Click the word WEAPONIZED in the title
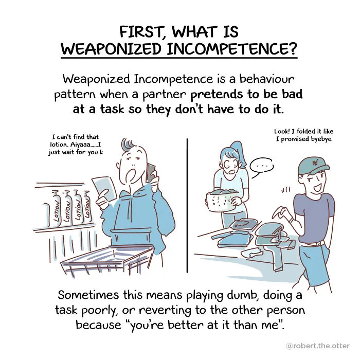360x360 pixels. tap(111, 48)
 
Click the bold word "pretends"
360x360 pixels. tap(217, 95)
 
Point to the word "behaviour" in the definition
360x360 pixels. tap(266, 79)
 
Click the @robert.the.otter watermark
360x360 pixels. tap(318, 346)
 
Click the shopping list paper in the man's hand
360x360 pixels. tap(104, 188)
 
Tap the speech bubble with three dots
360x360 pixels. tap(262, 167)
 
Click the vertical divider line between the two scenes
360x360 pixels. tap(187, 206)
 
